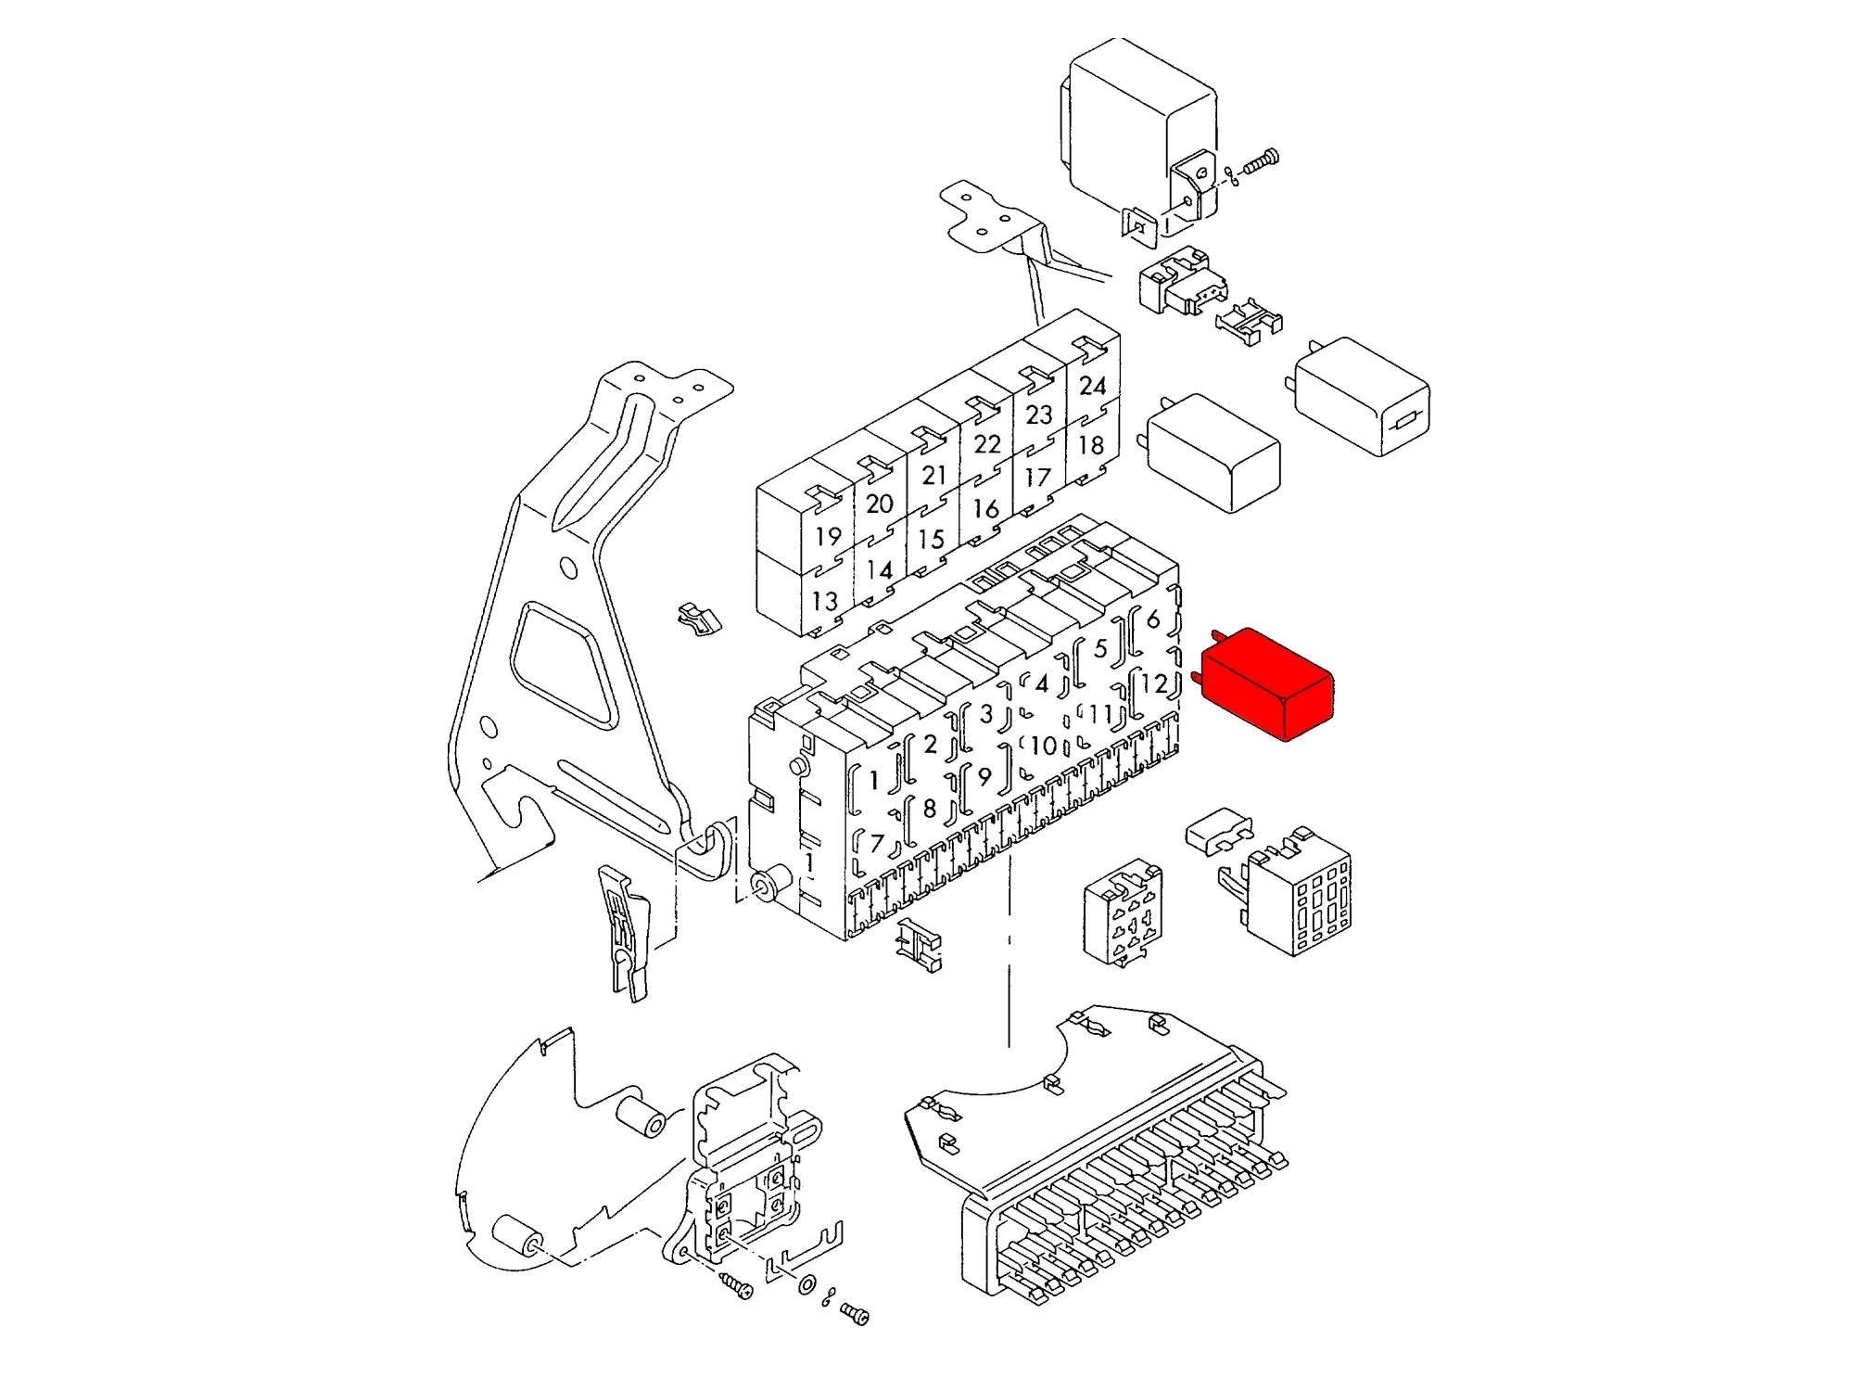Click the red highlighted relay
point(1267,685)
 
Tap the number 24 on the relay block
point(1093,385)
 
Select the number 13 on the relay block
point(824,601)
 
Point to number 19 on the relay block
point(828,536)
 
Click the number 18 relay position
point(1091,445)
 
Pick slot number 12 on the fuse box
point(1154,683)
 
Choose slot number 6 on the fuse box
point(1153,619)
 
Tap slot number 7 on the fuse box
point(876,843)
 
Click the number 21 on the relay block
point(934,475)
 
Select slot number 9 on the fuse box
point(984,776)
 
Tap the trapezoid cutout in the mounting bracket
point(565,665)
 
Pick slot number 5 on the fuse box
point(1100,647)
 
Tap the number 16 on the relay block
point(985,508)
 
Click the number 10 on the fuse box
point(1044,746)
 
